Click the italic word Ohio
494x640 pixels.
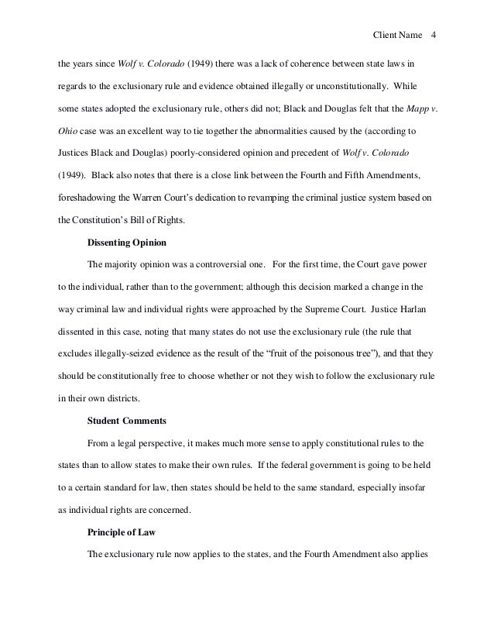tap(69, 128)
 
